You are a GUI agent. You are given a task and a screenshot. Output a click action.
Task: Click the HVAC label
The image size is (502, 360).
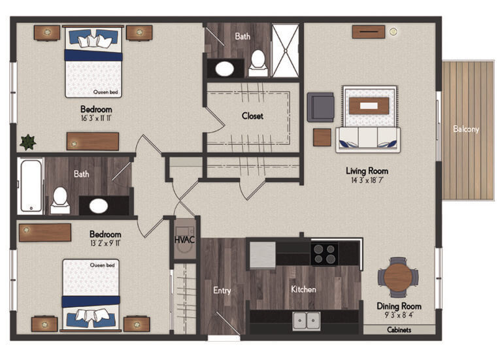(x=184, y=240)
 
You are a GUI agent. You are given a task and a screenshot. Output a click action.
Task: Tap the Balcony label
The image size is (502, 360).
(x=465, y=129)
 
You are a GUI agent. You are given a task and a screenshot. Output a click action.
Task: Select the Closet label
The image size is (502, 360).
(x=252, y=116)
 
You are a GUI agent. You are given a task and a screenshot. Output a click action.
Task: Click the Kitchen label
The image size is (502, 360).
(x=303, y=289)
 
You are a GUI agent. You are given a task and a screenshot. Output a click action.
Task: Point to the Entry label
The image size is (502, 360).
(x=222, y=290)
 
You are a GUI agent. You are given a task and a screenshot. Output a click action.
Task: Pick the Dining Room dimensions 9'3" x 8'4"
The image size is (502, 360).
(x=399, y=316)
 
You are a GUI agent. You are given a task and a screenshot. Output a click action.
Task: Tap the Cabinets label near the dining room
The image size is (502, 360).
(x=399, y=331)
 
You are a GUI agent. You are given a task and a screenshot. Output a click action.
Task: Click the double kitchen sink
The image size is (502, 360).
(x=305, y=321)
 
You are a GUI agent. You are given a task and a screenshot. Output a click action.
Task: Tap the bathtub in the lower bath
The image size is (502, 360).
(x=31, y=186)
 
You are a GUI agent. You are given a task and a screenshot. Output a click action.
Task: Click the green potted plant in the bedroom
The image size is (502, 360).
(x=27, y=142)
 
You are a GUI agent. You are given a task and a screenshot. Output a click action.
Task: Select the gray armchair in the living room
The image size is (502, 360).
(x=320, y=106)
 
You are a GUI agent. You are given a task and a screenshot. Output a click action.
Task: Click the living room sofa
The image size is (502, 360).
(x=367, y=139)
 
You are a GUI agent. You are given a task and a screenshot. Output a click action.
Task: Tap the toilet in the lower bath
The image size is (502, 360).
(x=60, y=200)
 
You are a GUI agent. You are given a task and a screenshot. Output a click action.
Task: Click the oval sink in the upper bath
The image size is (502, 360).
(x=226, y=68)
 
